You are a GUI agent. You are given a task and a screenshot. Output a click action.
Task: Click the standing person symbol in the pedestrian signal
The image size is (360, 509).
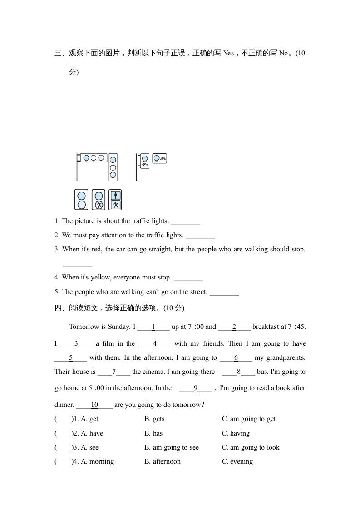[116, 195]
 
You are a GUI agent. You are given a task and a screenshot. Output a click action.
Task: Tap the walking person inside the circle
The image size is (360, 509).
[99, 204]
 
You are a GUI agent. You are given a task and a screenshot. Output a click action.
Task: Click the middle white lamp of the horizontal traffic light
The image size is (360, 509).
[94, 158]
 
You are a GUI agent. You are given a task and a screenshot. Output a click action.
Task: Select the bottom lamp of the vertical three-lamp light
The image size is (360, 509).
[113, 175]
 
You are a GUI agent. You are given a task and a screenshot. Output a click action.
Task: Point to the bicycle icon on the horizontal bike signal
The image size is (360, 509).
[163, 158]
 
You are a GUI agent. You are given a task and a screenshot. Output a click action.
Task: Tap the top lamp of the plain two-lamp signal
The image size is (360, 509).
[82, 196]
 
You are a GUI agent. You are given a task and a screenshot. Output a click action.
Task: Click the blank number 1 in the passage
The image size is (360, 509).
[153, 327]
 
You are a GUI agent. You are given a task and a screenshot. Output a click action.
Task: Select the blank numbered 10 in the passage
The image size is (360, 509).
[94, 405]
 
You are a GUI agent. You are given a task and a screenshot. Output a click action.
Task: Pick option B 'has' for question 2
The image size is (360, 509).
[158, 433]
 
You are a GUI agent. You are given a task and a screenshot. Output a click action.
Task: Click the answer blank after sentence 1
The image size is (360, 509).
[186, 222]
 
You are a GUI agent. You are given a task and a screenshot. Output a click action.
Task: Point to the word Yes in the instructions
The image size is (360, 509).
[228, 53]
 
